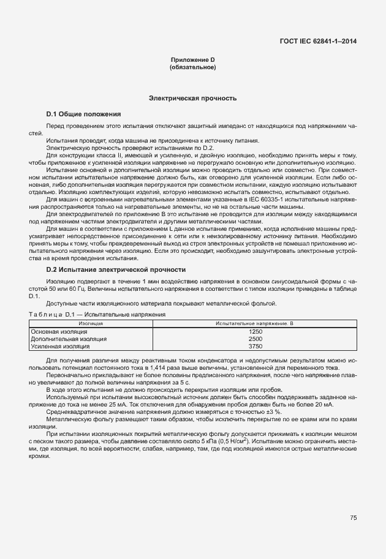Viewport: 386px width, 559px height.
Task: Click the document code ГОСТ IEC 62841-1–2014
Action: pyautogui.click(x=317, y=42)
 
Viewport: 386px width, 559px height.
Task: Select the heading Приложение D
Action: pyautogui.click(x=192, y=59)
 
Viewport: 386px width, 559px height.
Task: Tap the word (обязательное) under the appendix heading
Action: pyautogui.click(x=192, y=67)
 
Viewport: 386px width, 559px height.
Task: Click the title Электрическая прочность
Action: pyautogui.click(x=192, y=98)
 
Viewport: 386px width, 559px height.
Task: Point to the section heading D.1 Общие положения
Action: pyautogui.click(x=83, y=114)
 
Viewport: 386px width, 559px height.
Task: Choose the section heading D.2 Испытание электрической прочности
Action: pyautogui.click(x=116, y=270)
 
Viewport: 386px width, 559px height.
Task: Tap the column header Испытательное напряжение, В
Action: pyautogui.click(x=254, y=322)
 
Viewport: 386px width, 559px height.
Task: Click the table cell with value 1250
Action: pyautogui.click(x=255, y=331)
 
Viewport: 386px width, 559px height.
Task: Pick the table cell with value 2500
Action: pyautogui.click(x=255, y=339)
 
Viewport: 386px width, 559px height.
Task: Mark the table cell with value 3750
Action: pyautogui.click(x=255, y=346)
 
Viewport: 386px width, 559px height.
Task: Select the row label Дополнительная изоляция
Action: pyautogui.click(x=69, y=339)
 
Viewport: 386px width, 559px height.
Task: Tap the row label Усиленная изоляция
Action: pyautogui.click(x=60, y=346)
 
